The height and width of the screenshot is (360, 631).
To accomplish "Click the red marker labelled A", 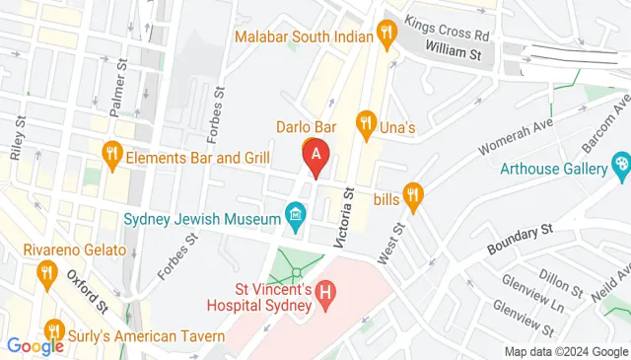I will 315,156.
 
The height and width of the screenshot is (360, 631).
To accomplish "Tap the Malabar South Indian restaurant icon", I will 386,37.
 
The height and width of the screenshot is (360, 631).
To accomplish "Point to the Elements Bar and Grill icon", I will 111,154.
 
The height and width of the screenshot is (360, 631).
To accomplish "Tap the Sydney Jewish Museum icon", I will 294,213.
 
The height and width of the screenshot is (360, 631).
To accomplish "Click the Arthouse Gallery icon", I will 620,165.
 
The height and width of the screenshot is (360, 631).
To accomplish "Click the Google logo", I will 35,346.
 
